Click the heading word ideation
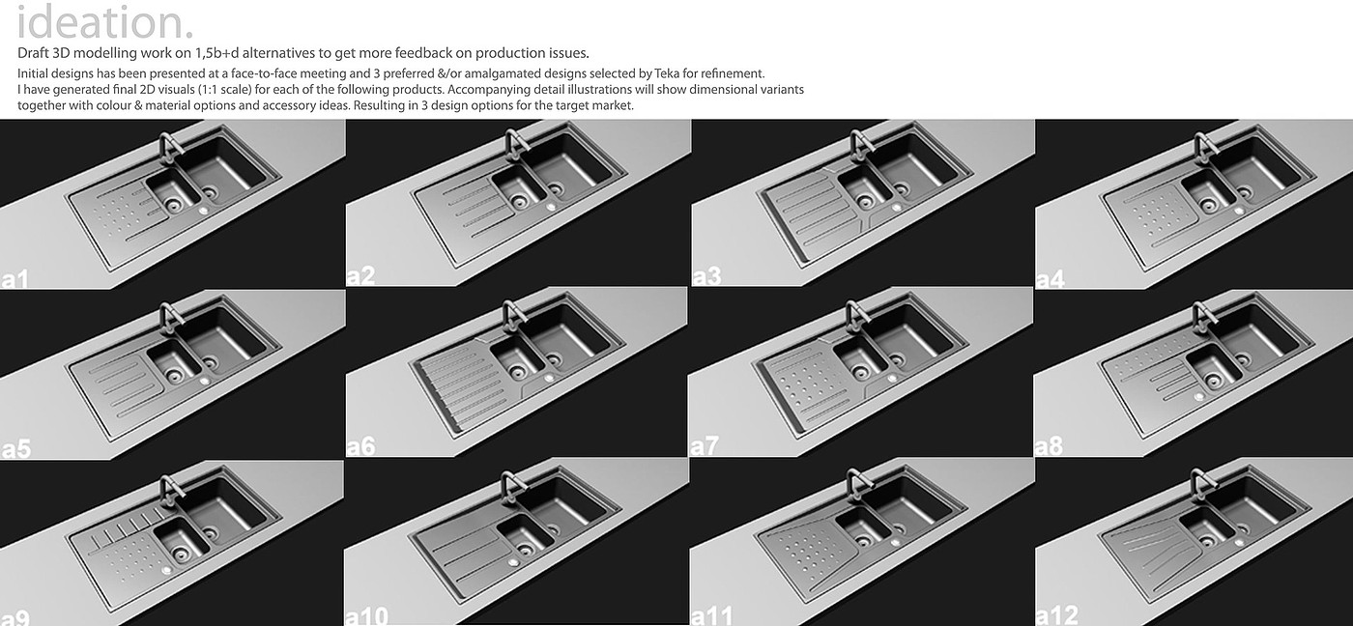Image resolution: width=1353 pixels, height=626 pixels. (x=104, y=22)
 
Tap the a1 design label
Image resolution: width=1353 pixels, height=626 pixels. (x=15, y=279)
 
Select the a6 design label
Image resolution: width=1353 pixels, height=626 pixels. (x=360, y=446)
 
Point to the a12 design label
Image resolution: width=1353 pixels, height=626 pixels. (x=1057, y=615)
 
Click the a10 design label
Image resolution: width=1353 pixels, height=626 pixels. (x=366, y=616)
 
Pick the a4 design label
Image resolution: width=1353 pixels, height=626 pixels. (x=1051, y=279)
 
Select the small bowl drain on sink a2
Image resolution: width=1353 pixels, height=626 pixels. (x=519, y=200)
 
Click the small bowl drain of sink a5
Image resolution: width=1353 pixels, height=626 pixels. (x=175, y=375)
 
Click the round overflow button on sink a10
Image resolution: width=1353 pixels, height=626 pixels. (x=513, y=562)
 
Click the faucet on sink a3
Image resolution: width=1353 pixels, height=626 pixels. (x=858, y=146)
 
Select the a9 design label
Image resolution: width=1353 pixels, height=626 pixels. (x=15, y=617)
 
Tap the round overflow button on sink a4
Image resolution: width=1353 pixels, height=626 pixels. (x=1239, y=211)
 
